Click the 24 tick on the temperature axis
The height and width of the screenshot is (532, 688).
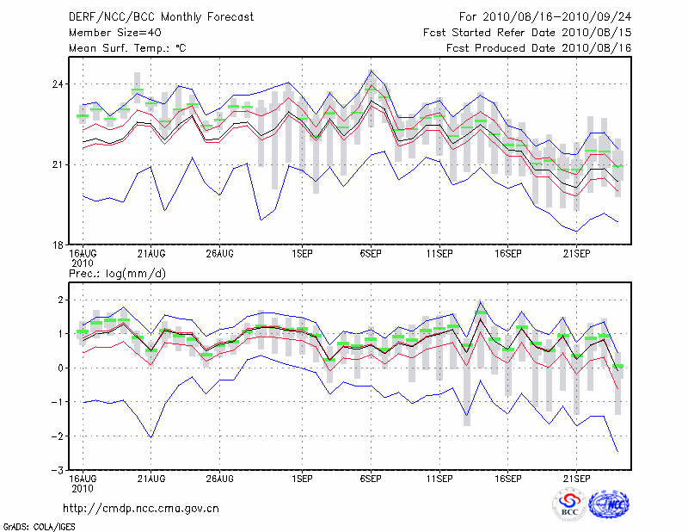click(x=56, y=84)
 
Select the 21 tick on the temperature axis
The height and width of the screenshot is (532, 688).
click(x=56, y=164)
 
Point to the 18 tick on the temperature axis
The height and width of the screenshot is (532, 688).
click(x=56, y=244)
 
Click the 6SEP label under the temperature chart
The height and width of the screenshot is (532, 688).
click(x=371, y=254)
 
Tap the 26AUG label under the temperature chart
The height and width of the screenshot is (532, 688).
click(x=220, y=254)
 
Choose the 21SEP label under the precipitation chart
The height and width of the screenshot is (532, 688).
click(x=577, y=477)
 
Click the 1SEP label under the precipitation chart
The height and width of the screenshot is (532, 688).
click(x=302, y=477)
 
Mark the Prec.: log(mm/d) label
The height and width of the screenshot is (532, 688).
click(x=115, y=273)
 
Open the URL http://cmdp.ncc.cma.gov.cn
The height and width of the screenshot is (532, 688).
click(x=142, y=509)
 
